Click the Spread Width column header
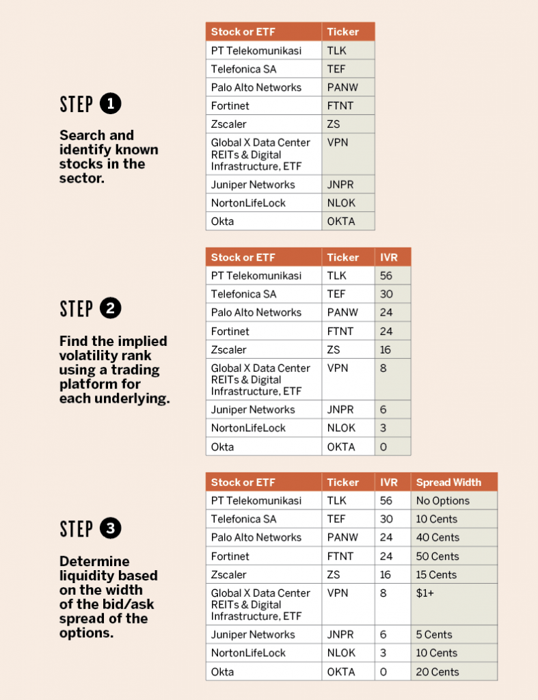[454, 482]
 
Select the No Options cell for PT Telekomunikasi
[454, 500]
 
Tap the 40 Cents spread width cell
[454, 537]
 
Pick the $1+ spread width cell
[454, 604]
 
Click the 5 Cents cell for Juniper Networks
[454, 634]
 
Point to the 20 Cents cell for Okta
[454, 671]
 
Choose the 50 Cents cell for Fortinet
[454, 556]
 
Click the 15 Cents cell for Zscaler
[454, 574]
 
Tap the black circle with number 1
[110, 104]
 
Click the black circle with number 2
[110, 308]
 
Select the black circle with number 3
[110, 528]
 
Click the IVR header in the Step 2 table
[393, 257]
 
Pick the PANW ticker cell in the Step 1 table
[348, 87]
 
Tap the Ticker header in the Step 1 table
[348, 31]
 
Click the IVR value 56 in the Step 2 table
[393, 275]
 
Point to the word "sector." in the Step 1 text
[82, 178]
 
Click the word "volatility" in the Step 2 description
[105, 355]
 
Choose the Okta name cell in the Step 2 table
[263, 446]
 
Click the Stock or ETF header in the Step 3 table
[263, 482]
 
